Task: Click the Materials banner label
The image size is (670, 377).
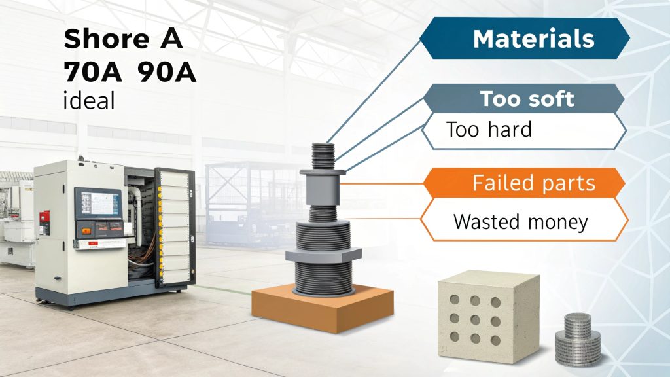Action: pos(533,39)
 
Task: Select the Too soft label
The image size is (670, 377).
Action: pos(527,99)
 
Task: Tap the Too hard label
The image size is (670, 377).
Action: pos(488,130)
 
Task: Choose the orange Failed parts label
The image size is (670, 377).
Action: pos(534,183)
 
